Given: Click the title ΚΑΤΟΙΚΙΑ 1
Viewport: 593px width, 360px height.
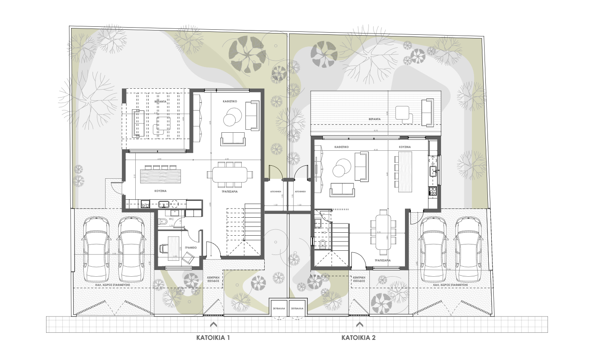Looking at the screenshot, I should tap(213, 337).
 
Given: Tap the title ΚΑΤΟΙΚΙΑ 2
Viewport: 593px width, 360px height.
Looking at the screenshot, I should tap(358, 337).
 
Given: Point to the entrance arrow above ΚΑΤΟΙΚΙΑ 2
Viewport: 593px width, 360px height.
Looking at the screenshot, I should tap(359, 324).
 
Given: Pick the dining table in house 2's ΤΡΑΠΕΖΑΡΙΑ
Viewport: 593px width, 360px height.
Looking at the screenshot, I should tap(383, 234).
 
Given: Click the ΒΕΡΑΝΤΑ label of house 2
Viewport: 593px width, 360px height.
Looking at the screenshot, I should tap(374, 119).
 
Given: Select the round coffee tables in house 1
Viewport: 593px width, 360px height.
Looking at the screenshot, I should tap(231, 117).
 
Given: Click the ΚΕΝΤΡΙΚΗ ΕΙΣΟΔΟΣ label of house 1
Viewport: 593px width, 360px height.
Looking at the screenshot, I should tap(213, 279).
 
